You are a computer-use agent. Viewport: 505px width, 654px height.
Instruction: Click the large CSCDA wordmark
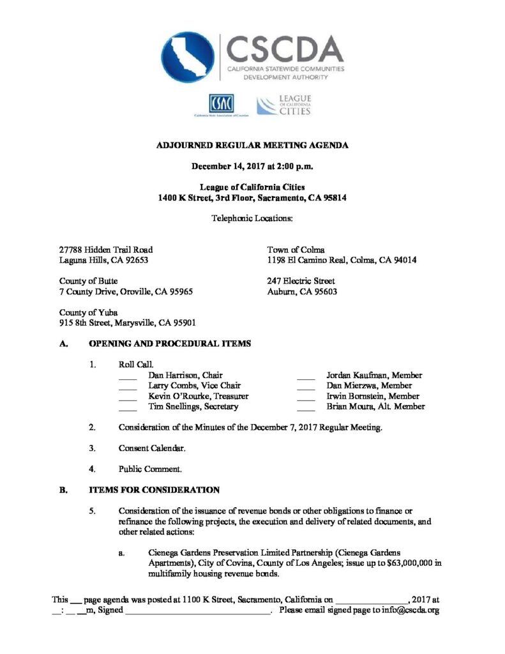tap(284, 49)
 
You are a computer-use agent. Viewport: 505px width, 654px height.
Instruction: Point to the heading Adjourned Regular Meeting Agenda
tap(252, 146)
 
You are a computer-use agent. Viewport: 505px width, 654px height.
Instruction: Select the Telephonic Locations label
tap(252, 218)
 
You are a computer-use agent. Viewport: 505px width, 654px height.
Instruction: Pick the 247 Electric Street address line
tap(301, 280)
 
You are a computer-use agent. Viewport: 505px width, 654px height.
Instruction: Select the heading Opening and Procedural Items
tap(169, 344)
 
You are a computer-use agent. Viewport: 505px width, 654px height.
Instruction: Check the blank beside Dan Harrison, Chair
tap(128, 377)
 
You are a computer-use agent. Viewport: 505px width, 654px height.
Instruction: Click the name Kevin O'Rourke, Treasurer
tap(198, 396)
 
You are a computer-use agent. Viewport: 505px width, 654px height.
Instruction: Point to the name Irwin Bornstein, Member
tap(372, 396)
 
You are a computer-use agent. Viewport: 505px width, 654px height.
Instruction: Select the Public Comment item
tap(150, 469)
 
